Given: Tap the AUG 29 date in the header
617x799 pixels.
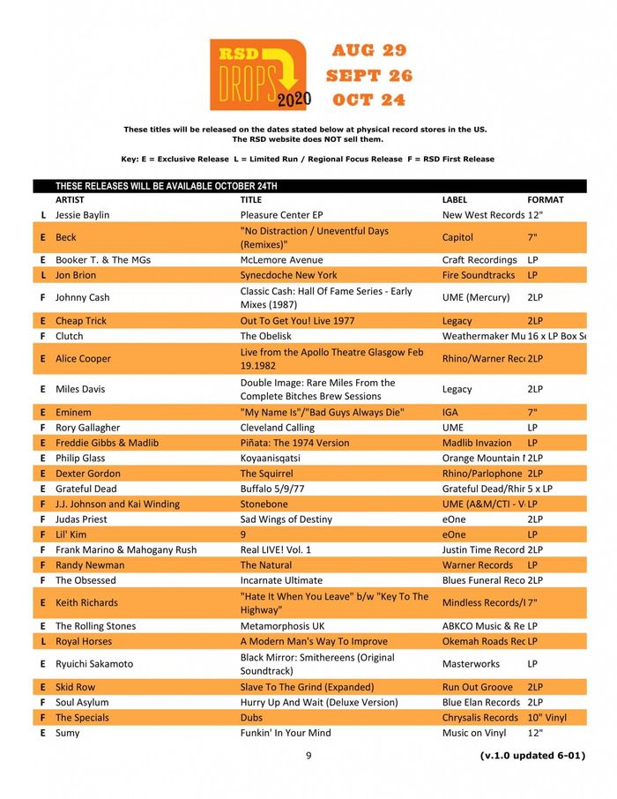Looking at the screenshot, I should (x=368, y=50).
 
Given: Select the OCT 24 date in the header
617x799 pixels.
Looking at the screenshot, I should (x=368, y=100).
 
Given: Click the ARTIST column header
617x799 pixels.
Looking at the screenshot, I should (x=71, y=200).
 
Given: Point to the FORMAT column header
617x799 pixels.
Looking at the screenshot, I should (x=545, y=200).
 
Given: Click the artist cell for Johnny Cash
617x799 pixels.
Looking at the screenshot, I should (x=83, y=298).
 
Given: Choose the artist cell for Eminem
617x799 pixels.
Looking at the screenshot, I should (x=74, y=412).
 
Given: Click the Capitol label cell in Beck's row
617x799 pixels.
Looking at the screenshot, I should (x=457, y=237).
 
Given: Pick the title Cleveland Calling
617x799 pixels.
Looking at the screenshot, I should (x=277, y=428).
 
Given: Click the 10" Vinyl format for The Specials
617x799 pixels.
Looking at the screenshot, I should (x=546, y=718).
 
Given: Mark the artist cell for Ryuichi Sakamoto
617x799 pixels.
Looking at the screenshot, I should (x=94, y=664).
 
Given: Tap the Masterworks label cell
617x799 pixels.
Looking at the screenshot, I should (x=471, y=664).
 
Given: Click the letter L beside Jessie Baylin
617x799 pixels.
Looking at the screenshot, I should (x=43, y=215).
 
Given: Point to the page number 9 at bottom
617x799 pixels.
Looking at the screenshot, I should (x=308, y=755).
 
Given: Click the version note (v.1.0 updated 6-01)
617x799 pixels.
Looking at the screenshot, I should (x=532, y=755).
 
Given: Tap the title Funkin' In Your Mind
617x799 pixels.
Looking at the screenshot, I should (x=286, y=733).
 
